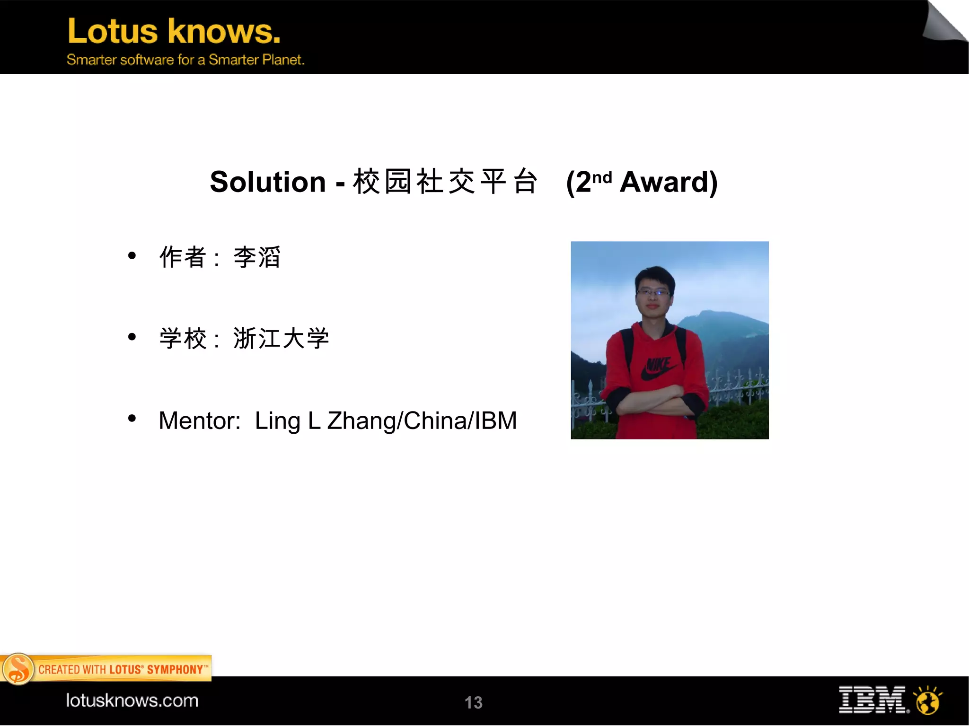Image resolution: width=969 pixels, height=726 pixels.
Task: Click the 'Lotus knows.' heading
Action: tap(174, 31)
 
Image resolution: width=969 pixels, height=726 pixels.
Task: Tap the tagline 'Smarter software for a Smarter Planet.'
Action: tap(185, 60)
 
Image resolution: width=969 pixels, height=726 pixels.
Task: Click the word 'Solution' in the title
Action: tap(268, 182)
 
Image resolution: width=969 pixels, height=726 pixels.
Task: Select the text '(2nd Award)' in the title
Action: tap(642, 182)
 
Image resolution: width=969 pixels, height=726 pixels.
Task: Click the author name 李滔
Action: tap(257, 257)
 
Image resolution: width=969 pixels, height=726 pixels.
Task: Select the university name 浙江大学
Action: tap(281, 339)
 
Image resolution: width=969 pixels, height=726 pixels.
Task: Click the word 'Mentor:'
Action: tap(199, 420)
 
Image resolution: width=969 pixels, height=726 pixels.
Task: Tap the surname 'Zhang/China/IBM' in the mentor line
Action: tap(422, 420)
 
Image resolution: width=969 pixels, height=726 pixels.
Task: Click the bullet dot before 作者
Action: tap(132, 256)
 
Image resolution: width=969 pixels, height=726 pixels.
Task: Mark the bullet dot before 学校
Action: tap(132, 337)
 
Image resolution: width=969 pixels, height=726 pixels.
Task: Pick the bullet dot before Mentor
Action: tap(132, 418)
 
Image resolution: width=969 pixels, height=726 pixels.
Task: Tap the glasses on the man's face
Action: tap(653, 293)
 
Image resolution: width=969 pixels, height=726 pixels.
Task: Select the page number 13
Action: tap(473, 703)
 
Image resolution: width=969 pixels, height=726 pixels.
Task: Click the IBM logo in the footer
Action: tap(873, 700)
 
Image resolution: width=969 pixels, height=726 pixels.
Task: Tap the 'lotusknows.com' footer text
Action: tap(132, 700)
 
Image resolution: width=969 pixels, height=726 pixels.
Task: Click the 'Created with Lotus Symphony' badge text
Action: tap(122, 670)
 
